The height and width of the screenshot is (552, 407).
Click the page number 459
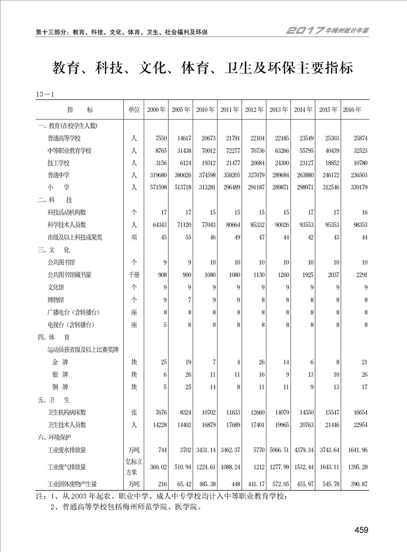[361, 530]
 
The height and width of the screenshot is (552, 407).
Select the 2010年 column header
[205, 110]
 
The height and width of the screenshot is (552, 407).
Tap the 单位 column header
[133, 110]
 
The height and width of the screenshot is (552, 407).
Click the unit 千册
[133, 274]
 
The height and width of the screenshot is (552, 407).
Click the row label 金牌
[62, 362]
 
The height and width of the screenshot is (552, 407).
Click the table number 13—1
[46, 94]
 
